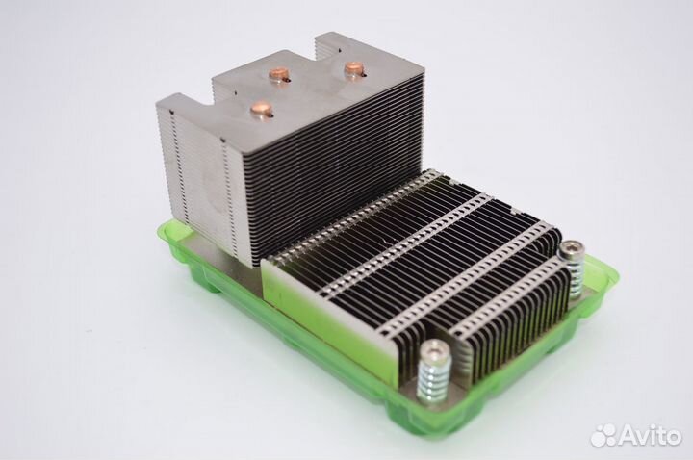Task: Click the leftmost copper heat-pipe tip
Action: [261, 109]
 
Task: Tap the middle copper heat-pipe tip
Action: [278, 74]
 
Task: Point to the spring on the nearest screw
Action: [433, 379]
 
